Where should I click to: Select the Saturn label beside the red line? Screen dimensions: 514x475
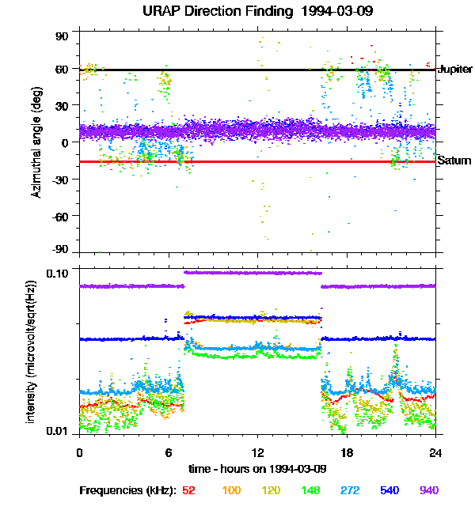click(454, 161)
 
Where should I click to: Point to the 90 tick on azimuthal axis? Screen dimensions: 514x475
click(63, 36)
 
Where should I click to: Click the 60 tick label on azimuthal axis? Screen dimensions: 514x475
click(63, 70)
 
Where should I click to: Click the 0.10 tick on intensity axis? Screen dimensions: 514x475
click(59, 272)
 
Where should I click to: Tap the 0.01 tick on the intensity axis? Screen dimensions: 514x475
click(59, 432)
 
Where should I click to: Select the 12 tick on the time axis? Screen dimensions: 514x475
click(257, 452)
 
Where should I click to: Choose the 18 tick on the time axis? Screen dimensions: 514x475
click(346, 452)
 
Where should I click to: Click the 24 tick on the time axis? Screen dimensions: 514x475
click(435, 452)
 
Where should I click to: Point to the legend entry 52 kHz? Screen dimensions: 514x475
click(188, 490)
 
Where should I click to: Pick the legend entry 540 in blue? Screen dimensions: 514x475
click(389, 490)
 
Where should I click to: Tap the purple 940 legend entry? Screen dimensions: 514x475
click(428, 490)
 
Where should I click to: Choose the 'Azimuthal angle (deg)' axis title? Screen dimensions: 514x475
click(36, 142)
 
